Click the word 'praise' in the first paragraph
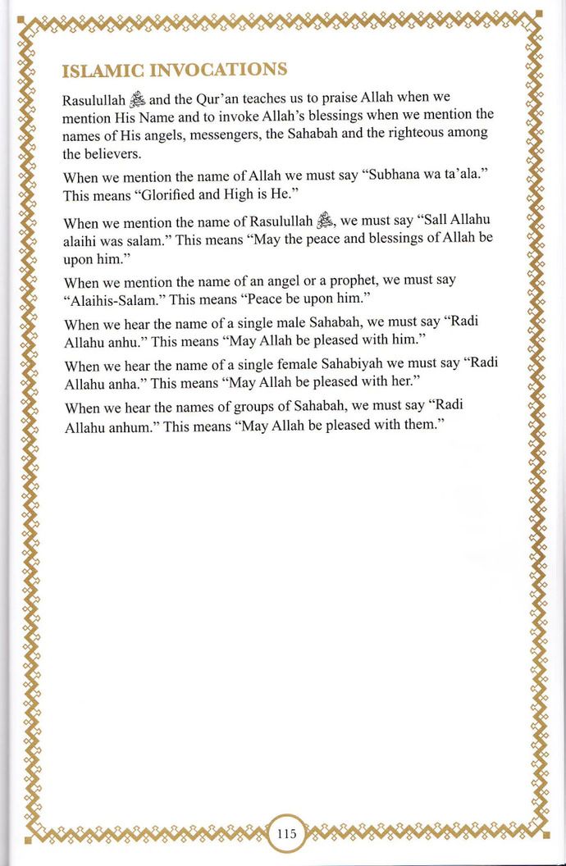tap(322, 100)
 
